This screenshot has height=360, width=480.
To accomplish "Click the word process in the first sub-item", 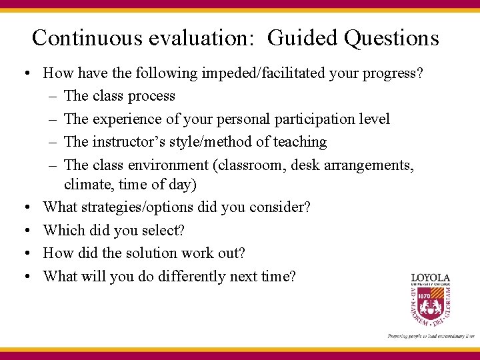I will pos(151,96).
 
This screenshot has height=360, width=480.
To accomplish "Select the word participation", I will pos(316,119).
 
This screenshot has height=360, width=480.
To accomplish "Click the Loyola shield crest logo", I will pos(430,306).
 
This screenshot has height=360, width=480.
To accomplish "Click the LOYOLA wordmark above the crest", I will pos(430,277).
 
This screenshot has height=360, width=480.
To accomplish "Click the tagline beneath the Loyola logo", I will pos(431,337).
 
